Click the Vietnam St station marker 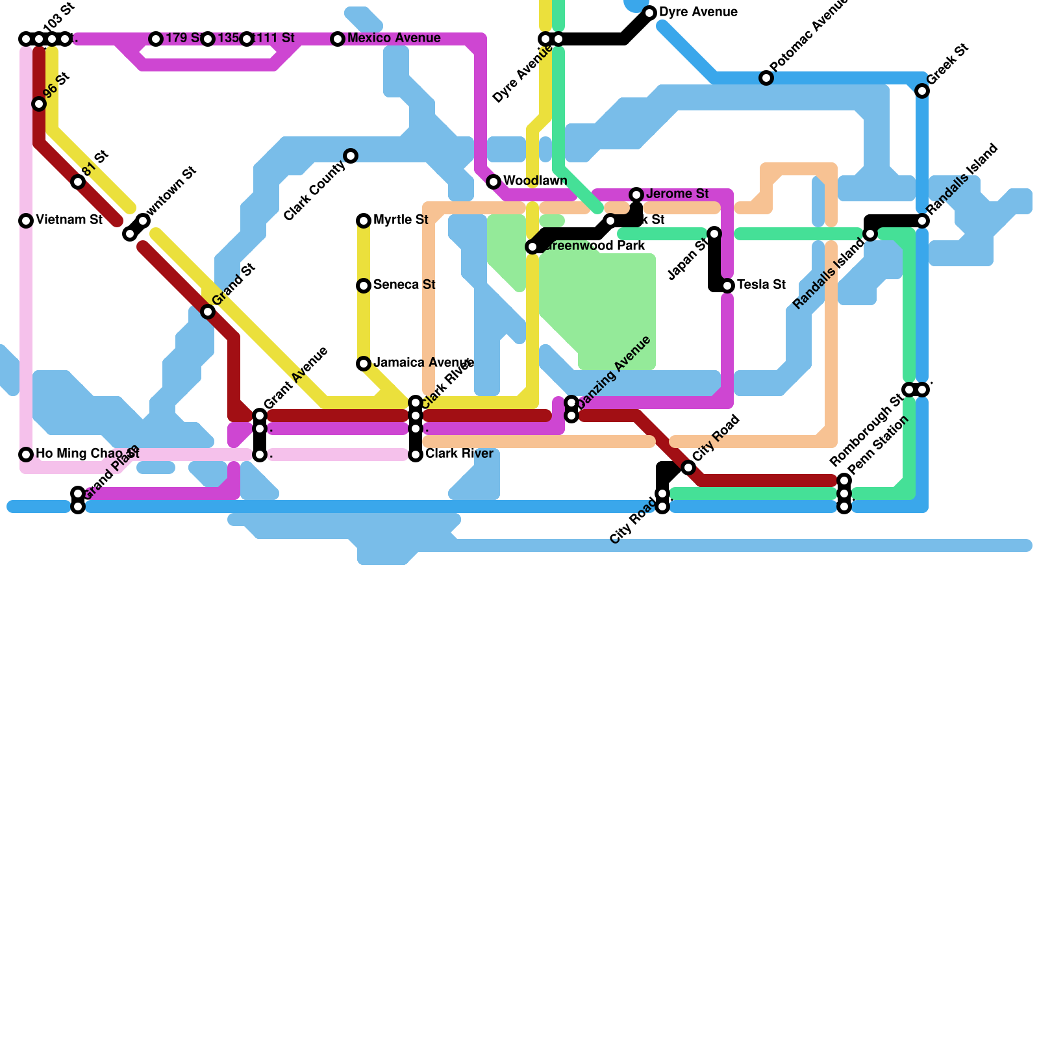point(26,221)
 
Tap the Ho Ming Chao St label point(87,453)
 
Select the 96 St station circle point(39,104)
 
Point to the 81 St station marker point(78,182)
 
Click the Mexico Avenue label point(394,38)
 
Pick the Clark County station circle point(351,156)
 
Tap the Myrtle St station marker point(364,221)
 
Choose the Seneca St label point(404,284)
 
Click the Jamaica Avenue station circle point(364,364)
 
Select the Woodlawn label point(535,181)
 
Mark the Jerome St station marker point(636,195)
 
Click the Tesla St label point(761,284)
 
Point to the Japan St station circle point(714,234)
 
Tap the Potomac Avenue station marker point(766,78)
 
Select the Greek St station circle point(922,91)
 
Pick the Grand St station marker point(208,312)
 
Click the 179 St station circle point(156,39)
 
